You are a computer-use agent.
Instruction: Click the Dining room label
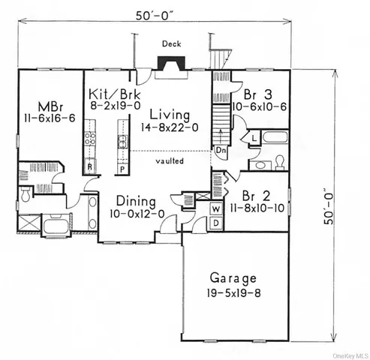point(135,202)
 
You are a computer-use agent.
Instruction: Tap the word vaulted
point(171,160)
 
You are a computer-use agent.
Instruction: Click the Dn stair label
point(221,149)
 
